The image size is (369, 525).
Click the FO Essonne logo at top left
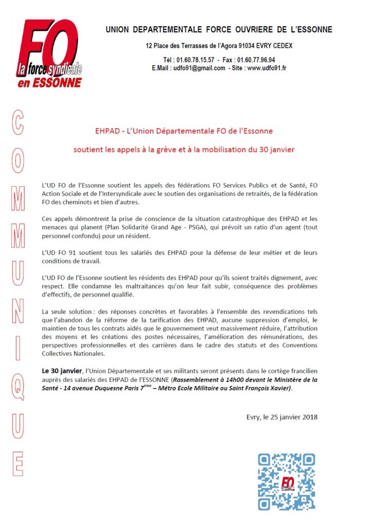[x=49, y=53]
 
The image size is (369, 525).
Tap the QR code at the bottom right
[x=287, y=482]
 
